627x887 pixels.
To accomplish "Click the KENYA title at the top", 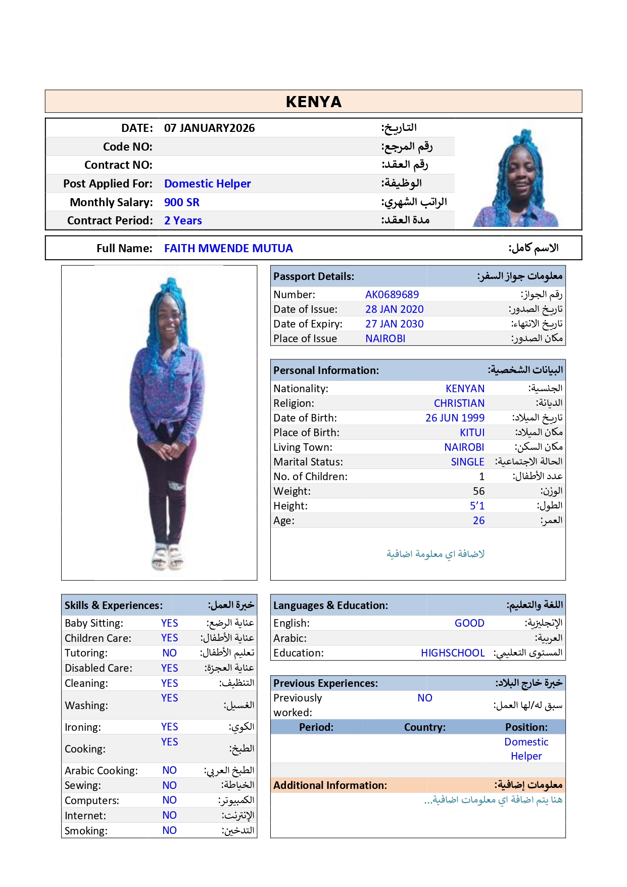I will pyautogui.click(x=313, y=102).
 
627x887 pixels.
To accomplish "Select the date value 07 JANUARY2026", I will pyautogui.click(x=209, y=128).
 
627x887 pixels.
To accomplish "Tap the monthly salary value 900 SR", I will pyautogui.click(x=181, y=202).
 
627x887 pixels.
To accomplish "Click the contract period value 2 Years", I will pyautogui.click(x=183, y=220).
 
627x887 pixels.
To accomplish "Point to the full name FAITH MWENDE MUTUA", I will pyautogui.click(x=228, y=248).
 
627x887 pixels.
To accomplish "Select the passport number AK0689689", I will pyautogui.click(x=392, y=294).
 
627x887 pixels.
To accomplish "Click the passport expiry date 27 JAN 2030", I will pyautogui.click(x=394, y=323).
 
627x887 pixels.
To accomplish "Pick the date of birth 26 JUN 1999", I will pyautogui.click(x=455, y=417).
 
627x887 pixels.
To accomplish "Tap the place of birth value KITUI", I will pyautogui.click(x=472, y=432).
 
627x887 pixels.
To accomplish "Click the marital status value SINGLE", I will pyautogui.click(x=467, y=461).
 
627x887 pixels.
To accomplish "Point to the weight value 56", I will pyautogui.click(x=478, y=491).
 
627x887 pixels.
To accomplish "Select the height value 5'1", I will pyautogui.click(x=477, y=505).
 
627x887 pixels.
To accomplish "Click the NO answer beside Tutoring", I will pyautogui.click(x=169, y=652).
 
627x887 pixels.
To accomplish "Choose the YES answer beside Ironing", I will pyautogui.click(x=169, y=726).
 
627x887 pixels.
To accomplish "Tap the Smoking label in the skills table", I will pyautogui.click(x=86, y=830).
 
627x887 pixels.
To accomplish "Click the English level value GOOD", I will pyautogui.click(x=469, y=623).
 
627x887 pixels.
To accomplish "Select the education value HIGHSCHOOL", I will pyautogui.click(x=453, y=652).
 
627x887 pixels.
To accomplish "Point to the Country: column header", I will pyautogui.click(x=424, y=727).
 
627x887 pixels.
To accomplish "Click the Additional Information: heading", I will pyautogui.click(x=330, y=785).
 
